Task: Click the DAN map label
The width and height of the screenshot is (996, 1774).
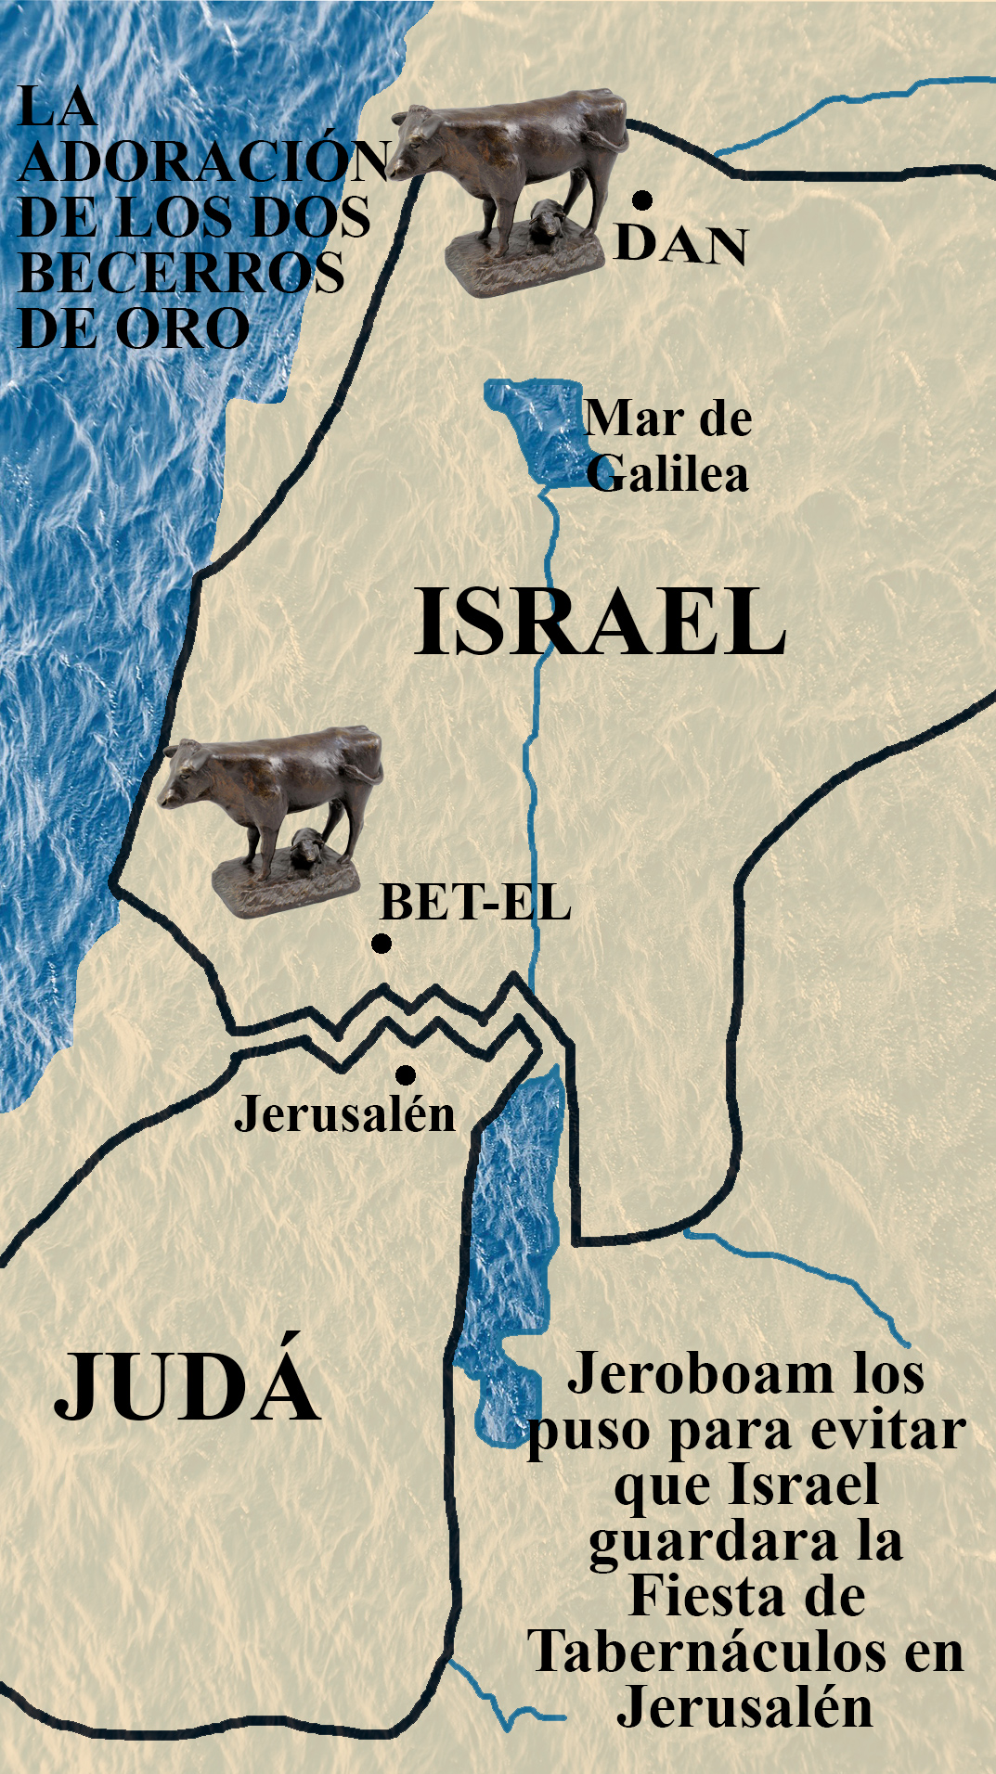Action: [680, 245]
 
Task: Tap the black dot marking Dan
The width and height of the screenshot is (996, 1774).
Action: [641, 199]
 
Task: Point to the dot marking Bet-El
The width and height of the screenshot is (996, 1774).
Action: [381, 944]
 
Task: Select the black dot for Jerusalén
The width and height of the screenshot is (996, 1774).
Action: [405, 1074]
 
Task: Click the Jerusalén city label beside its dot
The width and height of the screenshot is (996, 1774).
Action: [344, 1113]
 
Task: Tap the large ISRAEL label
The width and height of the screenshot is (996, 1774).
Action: [600, 623]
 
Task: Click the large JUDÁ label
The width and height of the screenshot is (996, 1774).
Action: [187, 1387]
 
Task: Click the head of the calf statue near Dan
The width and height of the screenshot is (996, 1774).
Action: [413, 144]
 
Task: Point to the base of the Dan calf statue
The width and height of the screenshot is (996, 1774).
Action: [524, 265]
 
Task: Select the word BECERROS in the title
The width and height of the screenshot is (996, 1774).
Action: [182, 273]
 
